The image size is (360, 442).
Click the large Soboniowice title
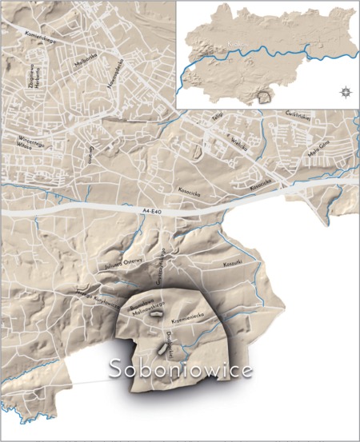(180, 370)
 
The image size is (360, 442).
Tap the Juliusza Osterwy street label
(124, 265)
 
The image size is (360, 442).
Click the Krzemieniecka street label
(195, 318)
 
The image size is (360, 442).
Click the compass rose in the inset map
(345, 91)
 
